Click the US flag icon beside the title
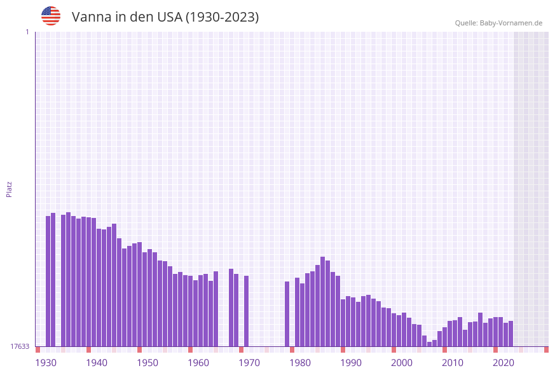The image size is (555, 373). (51, 16)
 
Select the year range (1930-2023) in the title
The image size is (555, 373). (222, 17)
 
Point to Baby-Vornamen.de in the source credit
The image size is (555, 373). (511, 23)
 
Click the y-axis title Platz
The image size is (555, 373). (10, 189)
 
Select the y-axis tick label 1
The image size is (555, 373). (27, 32)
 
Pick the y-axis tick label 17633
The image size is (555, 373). (20, 346)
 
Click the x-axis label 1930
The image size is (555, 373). (45, 363)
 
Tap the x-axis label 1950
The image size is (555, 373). (147, 363)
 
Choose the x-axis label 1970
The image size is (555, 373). (249, 363)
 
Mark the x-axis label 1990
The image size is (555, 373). (351, 363)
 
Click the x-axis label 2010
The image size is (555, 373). (453, 363)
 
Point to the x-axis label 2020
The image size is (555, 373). (504, 363)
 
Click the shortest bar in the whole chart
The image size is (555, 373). (430, 344)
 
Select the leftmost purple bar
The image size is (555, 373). (48, 281)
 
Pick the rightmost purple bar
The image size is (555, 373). (510, 334)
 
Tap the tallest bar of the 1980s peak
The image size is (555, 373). (323, 301)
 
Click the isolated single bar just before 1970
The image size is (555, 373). (247, 311)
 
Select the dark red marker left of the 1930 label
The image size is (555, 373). (38, 349)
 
